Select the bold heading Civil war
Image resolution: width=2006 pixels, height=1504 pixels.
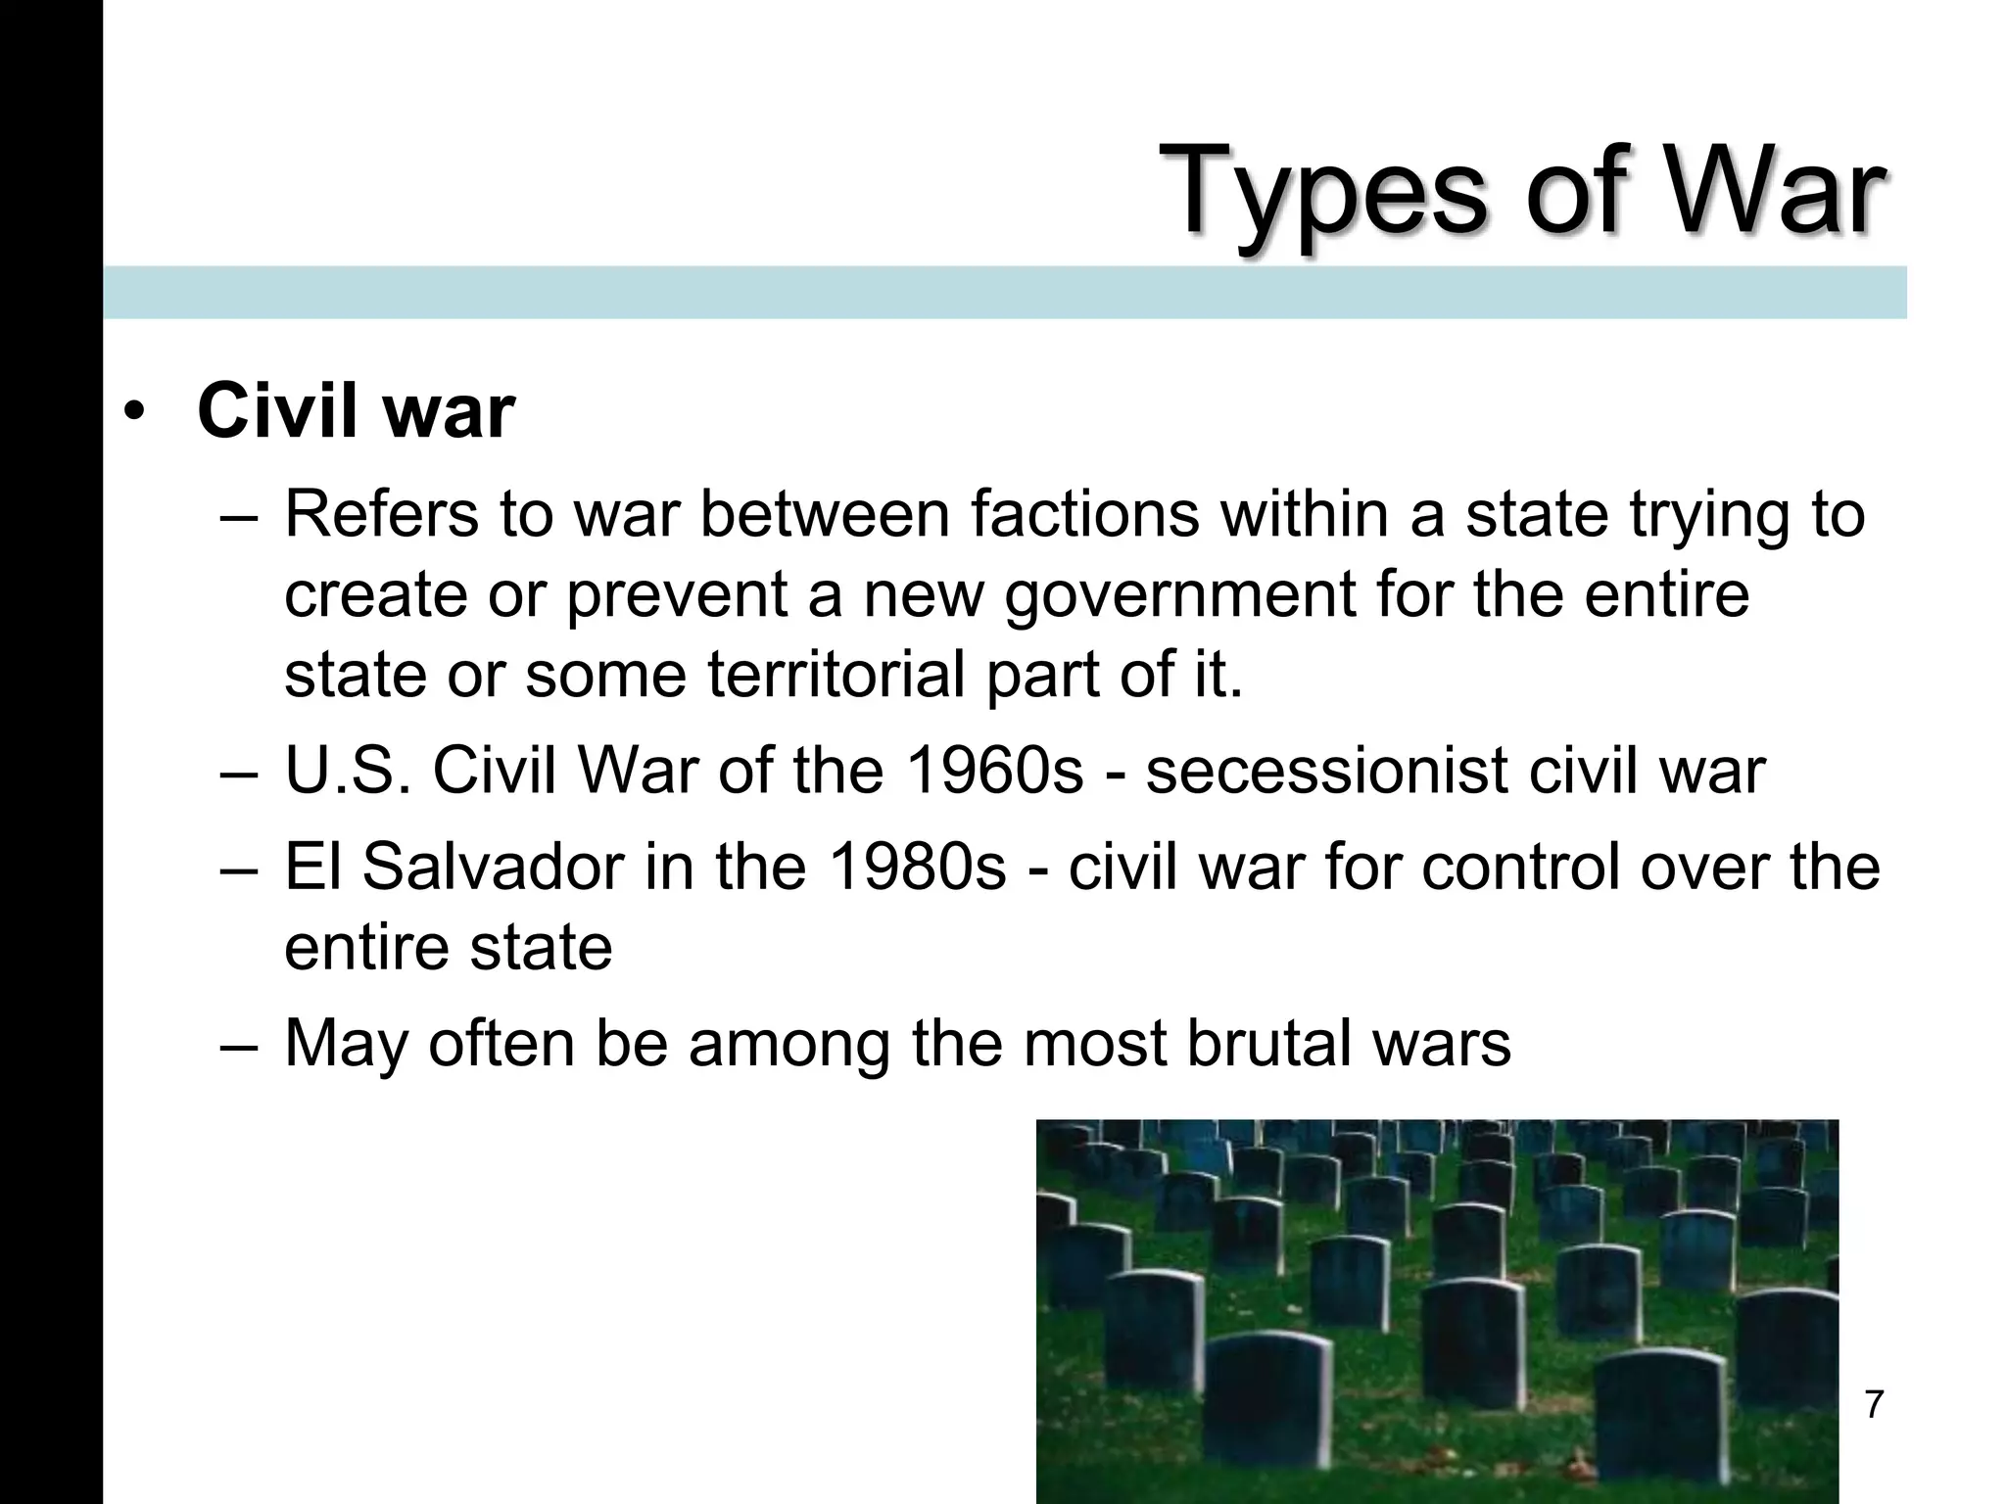point(356,411)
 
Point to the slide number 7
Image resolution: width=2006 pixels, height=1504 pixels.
point(1873,1404)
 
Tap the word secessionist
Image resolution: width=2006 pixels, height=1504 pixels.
point(1326,771)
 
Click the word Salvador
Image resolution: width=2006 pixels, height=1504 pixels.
point(493,867)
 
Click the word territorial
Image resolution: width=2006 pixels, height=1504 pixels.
point(836,675)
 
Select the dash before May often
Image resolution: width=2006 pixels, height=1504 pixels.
point(239,1045)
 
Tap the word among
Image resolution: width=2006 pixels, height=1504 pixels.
point(789,1045)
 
